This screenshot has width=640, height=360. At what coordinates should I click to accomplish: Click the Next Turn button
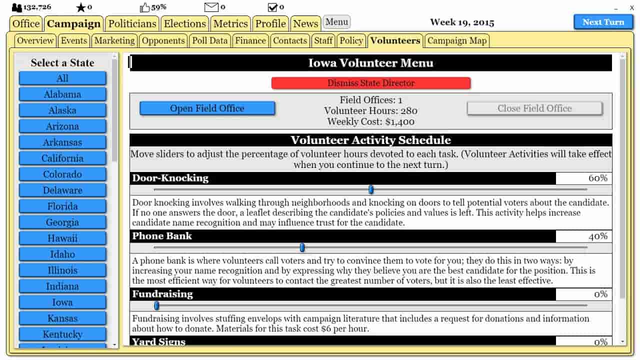pos(603,22)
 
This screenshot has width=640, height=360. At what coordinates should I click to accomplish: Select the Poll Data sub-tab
pos(210,40)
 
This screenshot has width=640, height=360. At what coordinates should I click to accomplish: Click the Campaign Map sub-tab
pos(456,40)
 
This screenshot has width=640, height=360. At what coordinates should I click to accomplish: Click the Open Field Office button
pos(207,108)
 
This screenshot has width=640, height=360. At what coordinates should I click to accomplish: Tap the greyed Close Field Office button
pos(534,108)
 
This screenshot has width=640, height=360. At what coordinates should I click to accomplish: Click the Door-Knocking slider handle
pos(371,189)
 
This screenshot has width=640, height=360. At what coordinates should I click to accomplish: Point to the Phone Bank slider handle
pos(302,247)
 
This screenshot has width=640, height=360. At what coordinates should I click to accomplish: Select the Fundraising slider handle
pos(156,305)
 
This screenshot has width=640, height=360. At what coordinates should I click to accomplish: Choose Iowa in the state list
pos(62,302)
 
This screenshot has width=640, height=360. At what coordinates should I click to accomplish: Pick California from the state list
pos(62,158)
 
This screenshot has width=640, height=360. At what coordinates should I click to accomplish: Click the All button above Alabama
pos(62,78)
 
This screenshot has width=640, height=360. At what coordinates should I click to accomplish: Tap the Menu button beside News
pos(336,22)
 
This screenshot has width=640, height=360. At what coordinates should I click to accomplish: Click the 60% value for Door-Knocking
pos(597,178)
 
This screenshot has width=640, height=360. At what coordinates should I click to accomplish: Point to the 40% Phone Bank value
pos(597,236)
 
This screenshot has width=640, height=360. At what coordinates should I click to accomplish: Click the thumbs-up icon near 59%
pos(145,7)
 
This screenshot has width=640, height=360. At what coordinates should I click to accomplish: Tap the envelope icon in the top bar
pos(211,7)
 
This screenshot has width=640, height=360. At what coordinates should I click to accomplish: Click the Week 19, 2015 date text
pos(462,22)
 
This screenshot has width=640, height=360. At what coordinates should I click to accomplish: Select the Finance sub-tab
pos(250,40)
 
